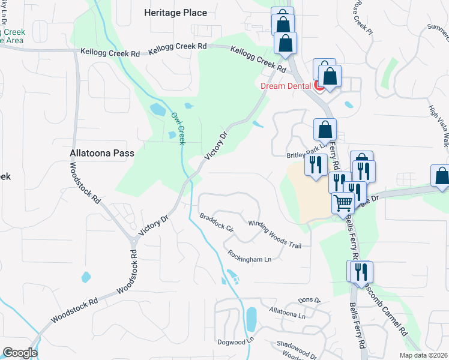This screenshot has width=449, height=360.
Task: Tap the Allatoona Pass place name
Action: [x=101, y=154]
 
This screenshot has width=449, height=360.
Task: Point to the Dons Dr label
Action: [x=310, y=300]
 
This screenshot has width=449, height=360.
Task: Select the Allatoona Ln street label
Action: [x=288, y=312]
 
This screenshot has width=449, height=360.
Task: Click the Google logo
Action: [x=20, y=353]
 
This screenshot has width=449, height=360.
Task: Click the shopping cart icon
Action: [x=342, y=203]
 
